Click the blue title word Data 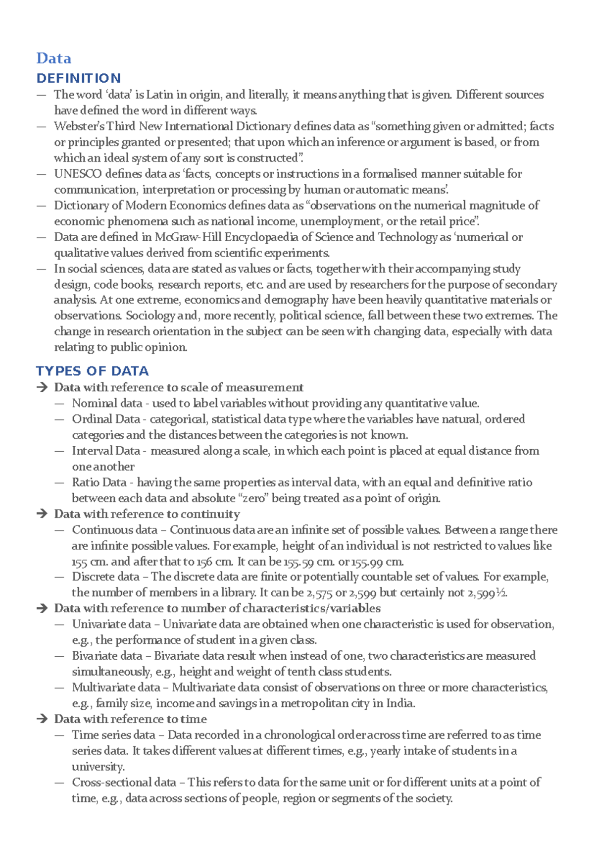[53, 58]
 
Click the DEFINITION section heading [79, 78]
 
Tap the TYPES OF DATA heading [92, 371]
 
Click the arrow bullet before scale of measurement [42, 387]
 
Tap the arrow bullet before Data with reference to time [42, 719]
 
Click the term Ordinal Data [106, 419]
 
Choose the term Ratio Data [99, 482]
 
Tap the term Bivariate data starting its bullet [107, 656]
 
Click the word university [98, 767]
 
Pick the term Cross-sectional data [124, 783]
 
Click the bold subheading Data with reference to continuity [147, 514]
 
